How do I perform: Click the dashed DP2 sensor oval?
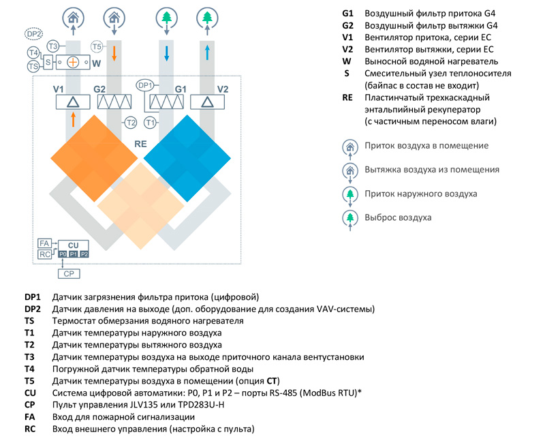(33, 34)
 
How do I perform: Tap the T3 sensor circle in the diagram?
(53, 46)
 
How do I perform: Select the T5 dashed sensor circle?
(97, 46)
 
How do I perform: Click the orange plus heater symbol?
(73, 63)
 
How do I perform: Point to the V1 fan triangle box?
(73, 102)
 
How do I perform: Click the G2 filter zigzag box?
(114, 102)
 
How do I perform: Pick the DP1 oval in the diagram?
(145, 86)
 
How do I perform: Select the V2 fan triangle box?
(207, 102)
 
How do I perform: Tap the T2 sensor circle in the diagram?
(131, 123)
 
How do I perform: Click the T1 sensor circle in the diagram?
(150, 123)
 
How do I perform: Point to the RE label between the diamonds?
(140, 144)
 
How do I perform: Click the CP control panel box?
(69, 274)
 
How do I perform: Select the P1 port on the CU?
(74, 254)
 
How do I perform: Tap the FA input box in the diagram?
(44, 243)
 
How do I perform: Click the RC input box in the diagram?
(44, 254)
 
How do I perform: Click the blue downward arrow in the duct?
(166, 53)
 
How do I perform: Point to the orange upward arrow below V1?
(73, 119)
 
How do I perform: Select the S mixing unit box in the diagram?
(48, 62)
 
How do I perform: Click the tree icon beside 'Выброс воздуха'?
(350, 217)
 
